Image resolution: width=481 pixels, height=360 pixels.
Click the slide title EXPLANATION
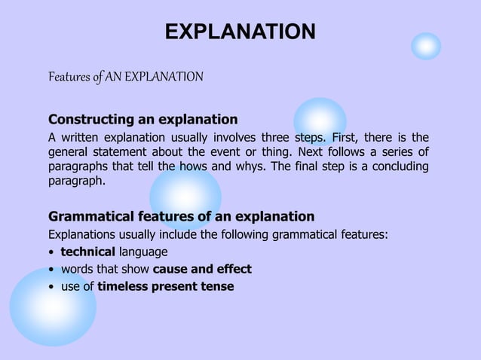click(x=240, y=32)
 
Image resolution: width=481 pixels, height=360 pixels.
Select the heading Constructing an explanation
click(x=142, y=119)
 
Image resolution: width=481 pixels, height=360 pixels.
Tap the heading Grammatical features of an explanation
click(x=181, y=217)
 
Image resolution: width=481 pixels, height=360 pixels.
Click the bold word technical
click(x=87, y=252)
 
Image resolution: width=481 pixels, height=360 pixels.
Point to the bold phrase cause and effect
click(x=202, y=269)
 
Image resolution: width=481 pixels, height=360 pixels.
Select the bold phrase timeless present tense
click(x=165, y=286)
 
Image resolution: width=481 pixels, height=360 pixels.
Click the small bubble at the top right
click(x=426, y=47)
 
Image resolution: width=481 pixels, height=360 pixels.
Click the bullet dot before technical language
click(x=51, y=252)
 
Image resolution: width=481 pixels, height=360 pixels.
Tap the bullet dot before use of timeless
click(x=51, y=287)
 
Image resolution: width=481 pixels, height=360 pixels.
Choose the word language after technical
click(x=142, y=252)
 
